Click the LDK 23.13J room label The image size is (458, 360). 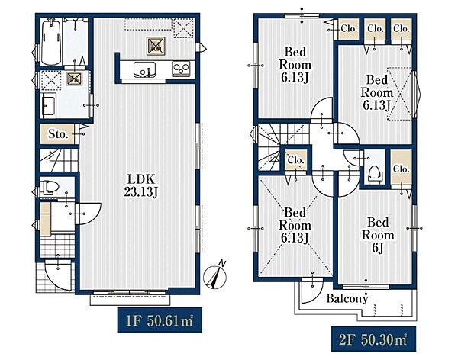[141, 185]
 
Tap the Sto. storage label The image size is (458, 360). [58, 134]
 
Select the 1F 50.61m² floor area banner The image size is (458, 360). [160, 320]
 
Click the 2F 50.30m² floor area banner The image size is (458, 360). [373, 339]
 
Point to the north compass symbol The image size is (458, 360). [215, 275]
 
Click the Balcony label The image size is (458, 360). [347, 298]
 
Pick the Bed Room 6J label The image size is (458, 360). [378, 235]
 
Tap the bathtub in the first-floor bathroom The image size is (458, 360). [51, 43]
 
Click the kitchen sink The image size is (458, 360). [144, 69]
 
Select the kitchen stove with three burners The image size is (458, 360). [181, 69]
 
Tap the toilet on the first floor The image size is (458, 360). [49, 187]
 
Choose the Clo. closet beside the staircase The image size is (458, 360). [296, 161]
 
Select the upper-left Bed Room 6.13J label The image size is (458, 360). [295, 65]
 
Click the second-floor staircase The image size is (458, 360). [280, 146]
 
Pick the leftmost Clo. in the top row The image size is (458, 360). [349, 29]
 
